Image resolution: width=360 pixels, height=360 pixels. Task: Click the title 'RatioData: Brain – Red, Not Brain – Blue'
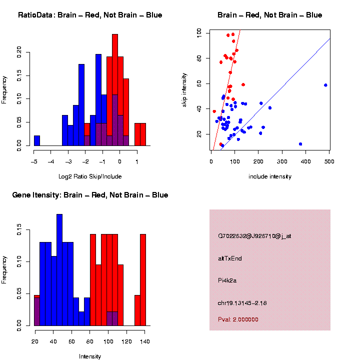click(x=90, y=15)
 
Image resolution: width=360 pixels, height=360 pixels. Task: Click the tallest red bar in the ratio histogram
click(x=115, y=90)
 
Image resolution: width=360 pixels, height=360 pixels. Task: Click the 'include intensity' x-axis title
click(x=270, y=176)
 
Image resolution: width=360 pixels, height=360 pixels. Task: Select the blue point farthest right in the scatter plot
click(x=325, y=85)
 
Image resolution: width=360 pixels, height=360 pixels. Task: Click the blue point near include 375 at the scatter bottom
click(x=300, y=144)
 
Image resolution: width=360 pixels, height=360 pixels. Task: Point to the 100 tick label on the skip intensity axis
click(x=199, y=33)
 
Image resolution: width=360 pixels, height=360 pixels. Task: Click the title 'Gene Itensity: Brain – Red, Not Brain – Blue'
click(x=90, y=195)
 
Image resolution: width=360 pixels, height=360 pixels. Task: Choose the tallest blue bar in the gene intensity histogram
click(x=59, y=270)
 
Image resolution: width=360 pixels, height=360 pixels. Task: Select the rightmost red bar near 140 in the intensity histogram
click(x=143, y=280)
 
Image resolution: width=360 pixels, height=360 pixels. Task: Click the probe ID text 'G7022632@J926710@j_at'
click(x=254, y=236)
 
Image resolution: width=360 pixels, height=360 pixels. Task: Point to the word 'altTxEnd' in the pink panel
click(x=230, y=258)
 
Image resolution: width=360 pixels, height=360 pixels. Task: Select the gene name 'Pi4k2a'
click(x=227, y=280)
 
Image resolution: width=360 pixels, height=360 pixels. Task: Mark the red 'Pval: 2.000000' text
click(x=238, y=319)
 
